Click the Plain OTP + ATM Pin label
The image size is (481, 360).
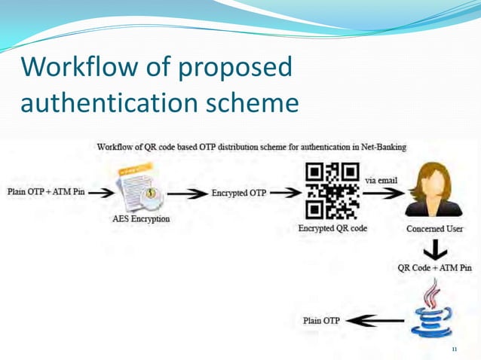tap(46, 191)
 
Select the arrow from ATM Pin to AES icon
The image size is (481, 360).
tap(103, 192)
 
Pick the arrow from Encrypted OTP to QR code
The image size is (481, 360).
tap(285, 193)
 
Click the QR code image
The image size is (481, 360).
tap(332, 191)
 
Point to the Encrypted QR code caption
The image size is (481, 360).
tap(332, 227)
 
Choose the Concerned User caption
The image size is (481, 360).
tap(434, 228)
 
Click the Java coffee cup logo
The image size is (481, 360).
tap(433, 309)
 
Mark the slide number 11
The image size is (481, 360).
tap(454, 349)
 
